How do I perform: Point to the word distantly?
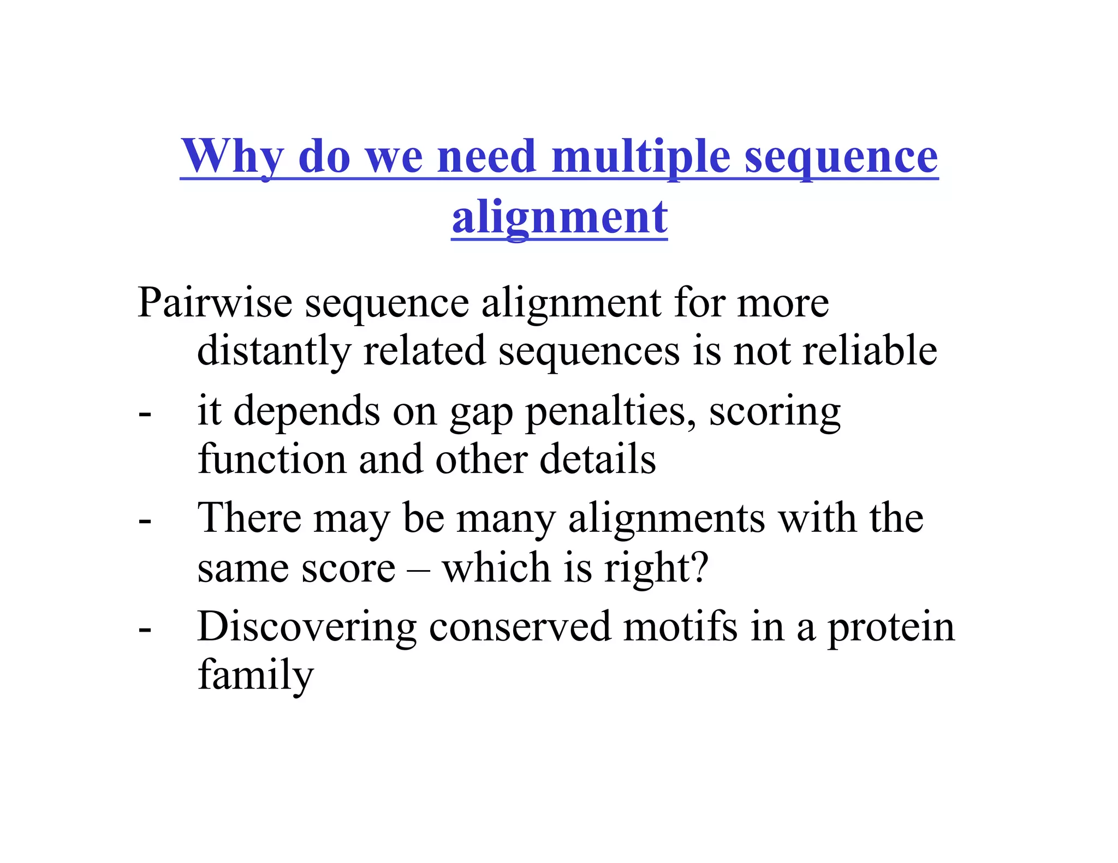coord(273,351)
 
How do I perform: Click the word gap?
coord(481,412)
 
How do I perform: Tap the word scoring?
coord(775,412)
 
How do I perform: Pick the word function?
coord(271,459)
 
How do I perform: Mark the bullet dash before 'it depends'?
coord(145,415)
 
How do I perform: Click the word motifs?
coord(680,627)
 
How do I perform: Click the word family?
coord(255,675)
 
